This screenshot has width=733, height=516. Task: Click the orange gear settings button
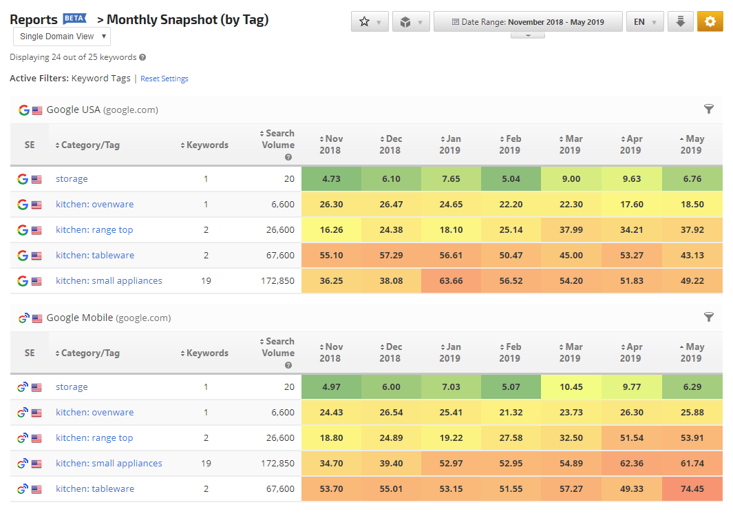click(x=710, y=21)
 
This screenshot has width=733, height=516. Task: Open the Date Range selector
click(x=528, y=21)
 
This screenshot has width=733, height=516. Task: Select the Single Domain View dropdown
click(x=62, y=37)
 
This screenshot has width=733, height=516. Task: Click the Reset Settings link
click(x=164, y=79)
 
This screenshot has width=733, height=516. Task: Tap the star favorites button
click(x=370, y=21)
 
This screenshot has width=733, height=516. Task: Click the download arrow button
click(x=680, y=21)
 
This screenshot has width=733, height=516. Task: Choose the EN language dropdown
click(x=645, y=21)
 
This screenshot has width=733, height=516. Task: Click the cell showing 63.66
click(x=451, y=280)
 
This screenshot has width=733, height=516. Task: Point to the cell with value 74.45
click(x=692, y=489)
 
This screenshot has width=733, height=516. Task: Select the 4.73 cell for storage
click(x=332, y=178)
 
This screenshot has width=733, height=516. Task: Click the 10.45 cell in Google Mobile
click(x=571, y=387)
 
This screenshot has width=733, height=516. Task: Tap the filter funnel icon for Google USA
click(x=709, y=109)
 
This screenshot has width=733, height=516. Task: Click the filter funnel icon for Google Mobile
click(x=709, y=317)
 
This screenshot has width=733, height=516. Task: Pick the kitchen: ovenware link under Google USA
click(x=94, y=205)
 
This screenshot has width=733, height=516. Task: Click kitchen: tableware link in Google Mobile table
click(x=95, y=489)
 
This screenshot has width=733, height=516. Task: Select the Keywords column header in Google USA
click(x=204, y=145)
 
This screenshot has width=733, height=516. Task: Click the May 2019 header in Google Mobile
click(x=692, y=353)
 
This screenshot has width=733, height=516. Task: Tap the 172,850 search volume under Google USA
click(x=277, y=280)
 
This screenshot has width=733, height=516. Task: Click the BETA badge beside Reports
click(x=75, y=18)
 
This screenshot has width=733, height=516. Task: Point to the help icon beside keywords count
click(x=142, y=57)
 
